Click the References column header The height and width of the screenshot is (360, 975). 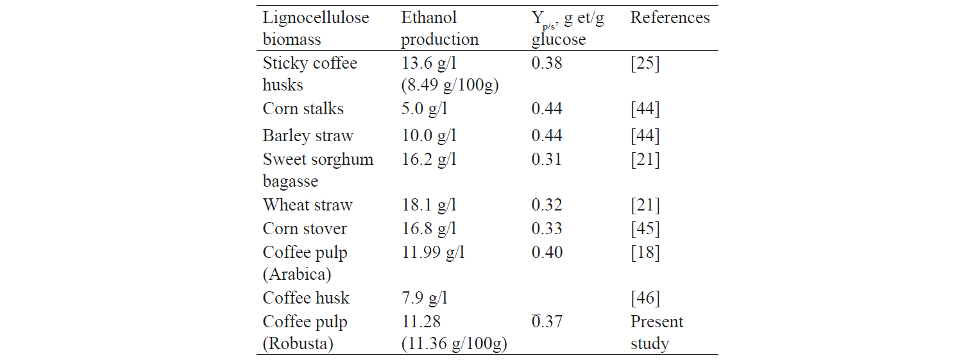click(670, 17)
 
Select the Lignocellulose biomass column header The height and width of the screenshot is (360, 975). click(316, 28)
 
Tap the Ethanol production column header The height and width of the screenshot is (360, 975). click(439, 28)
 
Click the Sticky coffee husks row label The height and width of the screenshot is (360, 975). click(310, 74)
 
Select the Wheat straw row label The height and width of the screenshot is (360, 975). click(307, 205)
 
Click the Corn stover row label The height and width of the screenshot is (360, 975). click(305, 229)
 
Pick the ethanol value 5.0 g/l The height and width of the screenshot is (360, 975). click(424, 108)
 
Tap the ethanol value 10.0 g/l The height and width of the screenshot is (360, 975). click(428, 136)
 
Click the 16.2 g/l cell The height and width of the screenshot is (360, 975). click(428, 159)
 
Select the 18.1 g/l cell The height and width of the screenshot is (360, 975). click(428, 205)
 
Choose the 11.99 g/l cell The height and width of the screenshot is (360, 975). click(433, 252)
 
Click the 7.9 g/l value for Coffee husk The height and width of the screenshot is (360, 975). click(424, 298)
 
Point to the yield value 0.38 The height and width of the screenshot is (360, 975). click(547, 63)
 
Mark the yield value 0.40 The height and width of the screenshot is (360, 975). click(547, 252)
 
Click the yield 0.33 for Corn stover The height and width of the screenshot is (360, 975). click(547, 229)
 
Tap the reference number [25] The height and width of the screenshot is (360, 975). click(645, 63)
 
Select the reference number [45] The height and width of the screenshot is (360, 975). click(645, 229)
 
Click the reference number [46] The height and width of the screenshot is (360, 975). click(645, 298)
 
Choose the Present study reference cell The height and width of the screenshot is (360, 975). click(657, 332)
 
